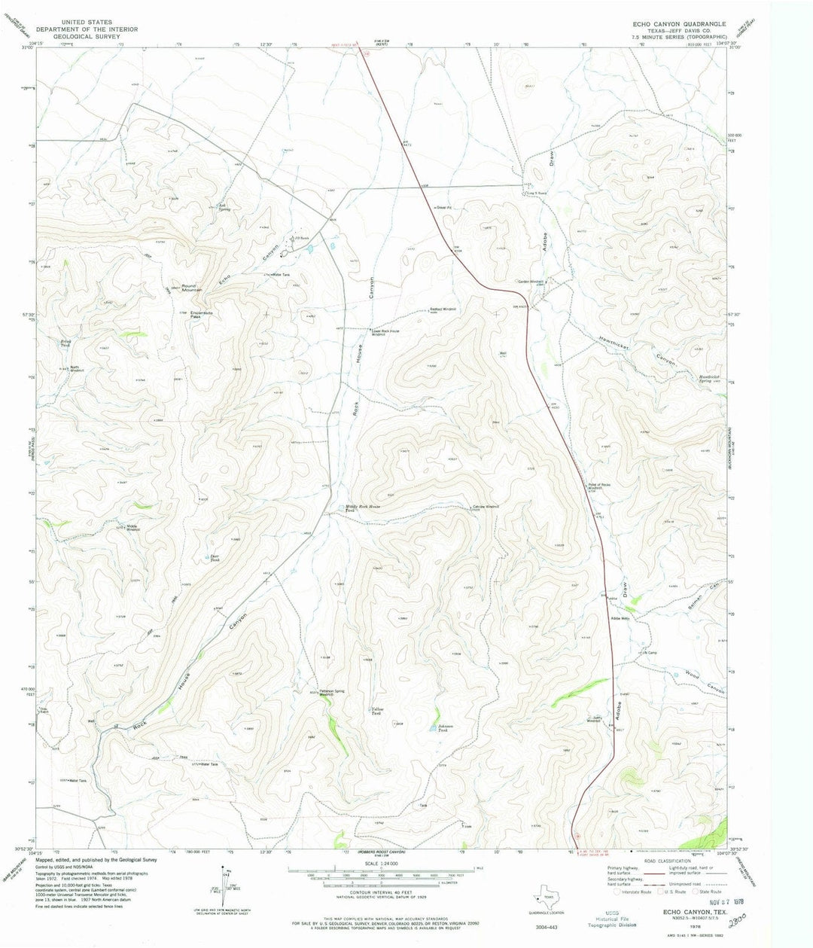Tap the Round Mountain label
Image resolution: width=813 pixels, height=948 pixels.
tap(178, 288)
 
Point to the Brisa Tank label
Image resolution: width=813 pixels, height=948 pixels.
tap(65, 343)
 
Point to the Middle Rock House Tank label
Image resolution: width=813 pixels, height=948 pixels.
tap(363, 508)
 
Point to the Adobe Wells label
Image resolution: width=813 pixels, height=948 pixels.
tap(620, 618)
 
